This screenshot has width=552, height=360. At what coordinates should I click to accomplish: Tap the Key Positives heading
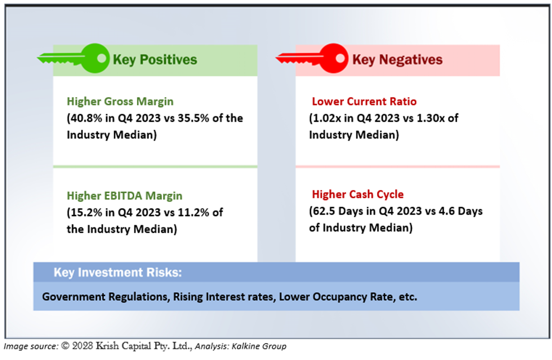pyautogui.click(x=155, y=60)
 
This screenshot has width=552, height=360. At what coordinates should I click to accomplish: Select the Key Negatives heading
pyautogui.click(x=397, y=60)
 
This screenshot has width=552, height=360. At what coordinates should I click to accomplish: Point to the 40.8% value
pyautogui.click(x=86, y=118)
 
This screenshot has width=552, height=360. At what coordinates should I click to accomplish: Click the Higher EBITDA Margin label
pyautogui.click(x=124, y=196)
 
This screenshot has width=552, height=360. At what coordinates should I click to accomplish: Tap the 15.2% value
pyautogui.click(x=86, y=212)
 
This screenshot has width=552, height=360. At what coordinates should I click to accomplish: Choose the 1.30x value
pyautogui.click(x=430, y=118)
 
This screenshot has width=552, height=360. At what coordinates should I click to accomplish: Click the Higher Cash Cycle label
pyautogui.click(x=357, y=194)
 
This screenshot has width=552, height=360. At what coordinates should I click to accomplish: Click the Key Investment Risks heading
pyautogui.click(x=117, y=273)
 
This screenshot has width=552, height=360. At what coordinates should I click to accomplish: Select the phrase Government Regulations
pyautogui.click(x=104, y=297)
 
